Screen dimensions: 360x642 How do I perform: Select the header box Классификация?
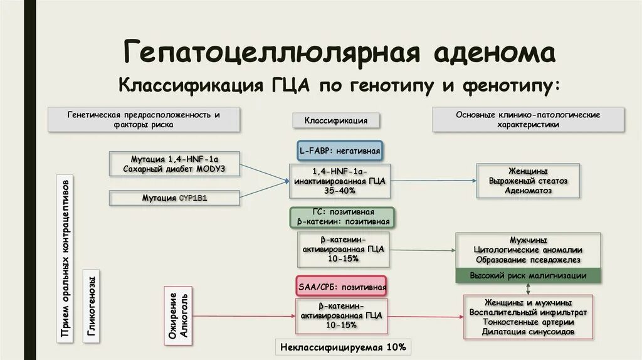336,120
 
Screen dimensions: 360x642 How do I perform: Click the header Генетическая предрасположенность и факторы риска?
144,120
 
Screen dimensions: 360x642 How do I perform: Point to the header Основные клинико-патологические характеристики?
528,120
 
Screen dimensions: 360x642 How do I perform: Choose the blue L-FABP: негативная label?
339,151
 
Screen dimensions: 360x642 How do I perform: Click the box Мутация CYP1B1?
174,198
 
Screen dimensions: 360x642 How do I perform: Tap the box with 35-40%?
339,181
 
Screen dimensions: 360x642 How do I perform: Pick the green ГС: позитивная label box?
342,217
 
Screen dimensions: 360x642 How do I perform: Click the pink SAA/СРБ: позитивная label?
342,287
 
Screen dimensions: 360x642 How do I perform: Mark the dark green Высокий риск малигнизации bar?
528,276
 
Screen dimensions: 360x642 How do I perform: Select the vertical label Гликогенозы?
92,306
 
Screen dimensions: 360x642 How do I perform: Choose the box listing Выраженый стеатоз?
528,181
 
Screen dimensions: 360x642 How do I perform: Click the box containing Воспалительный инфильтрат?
528,317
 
